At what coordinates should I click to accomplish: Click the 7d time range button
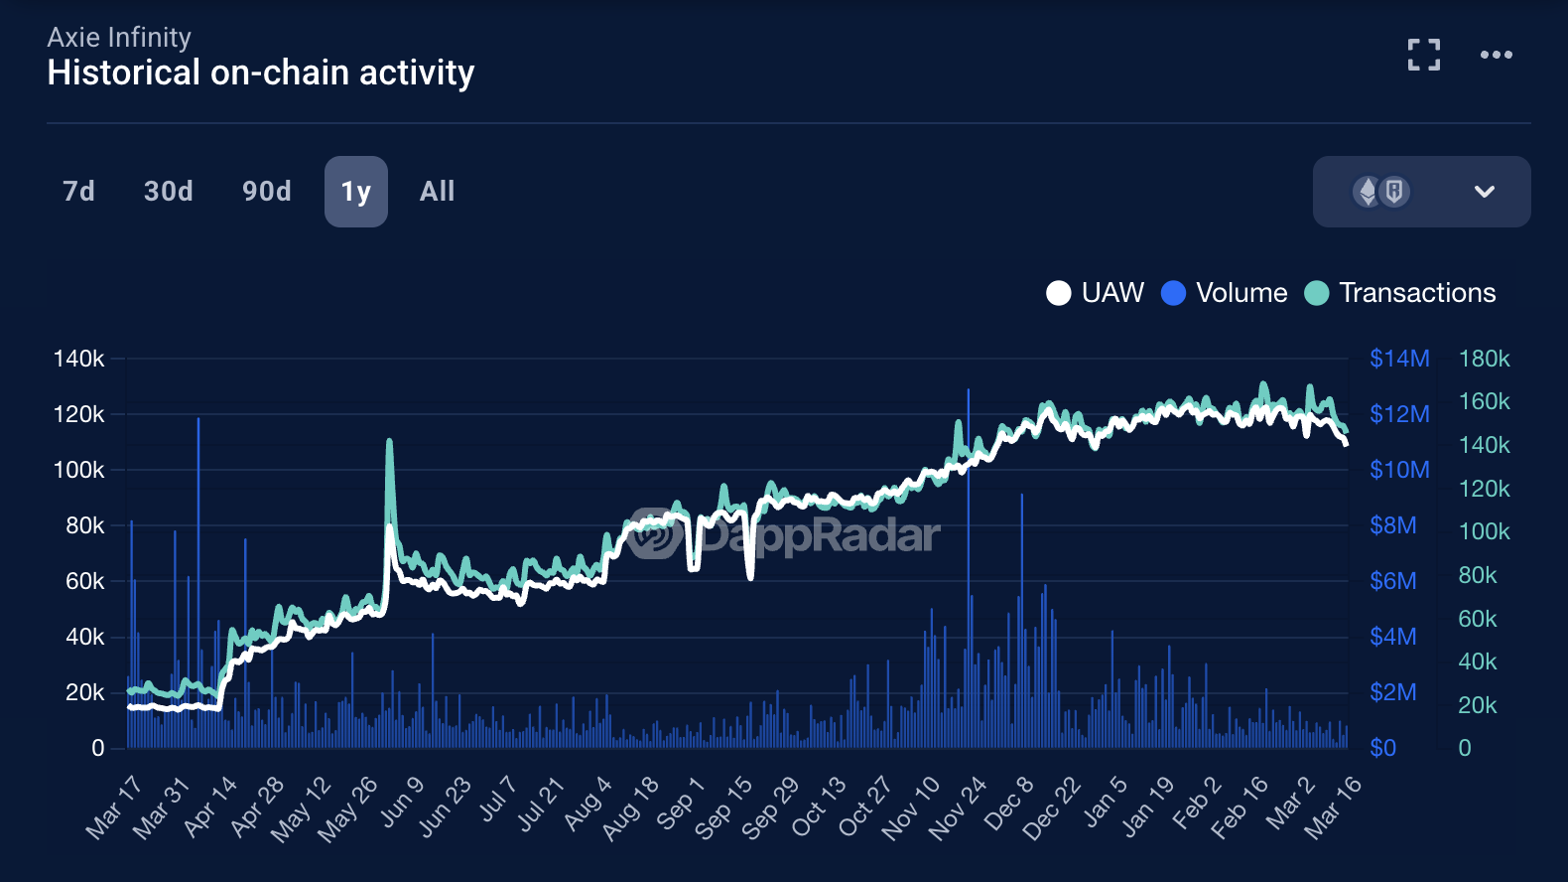[78, 191]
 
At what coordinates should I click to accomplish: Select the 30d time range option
[169, 191]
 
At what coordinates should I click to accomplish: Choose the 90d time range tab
[267, 191]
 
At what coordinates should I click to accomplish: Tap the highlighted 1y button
[355, 192]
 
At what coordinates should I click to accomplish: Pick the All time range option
[437, 191]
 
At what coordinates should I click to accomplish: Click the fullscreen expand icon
[1424, 55]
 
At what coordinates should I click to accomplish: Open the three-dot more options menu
[1496, 55]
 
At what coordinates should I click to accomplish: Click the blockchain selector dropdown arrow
[1484, 192]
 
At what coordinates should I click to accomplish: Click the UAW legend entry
[1096, 293]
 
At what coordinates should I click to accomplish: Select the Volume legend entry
[1225, 293]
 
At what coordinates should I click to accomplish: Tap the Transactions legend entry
[1400, 293]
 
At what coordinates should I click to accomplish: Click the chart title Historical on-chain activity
[261, 73]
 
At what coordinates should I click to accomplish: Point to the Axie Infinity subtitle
[119, 38]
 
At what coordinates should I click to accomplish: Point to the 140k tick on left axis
[78, 359]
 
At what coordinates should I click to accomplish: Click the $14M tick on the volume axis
[1399, 359]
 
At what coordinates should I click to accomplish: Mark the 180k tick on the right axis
[1484, 359]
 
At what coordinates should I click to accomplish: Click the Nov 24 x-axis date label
[959, 808]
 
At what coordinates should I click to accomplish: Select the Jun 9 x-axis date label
[403, 802]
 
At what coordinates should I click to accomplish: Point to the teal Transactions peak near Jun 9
[389, 441]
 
